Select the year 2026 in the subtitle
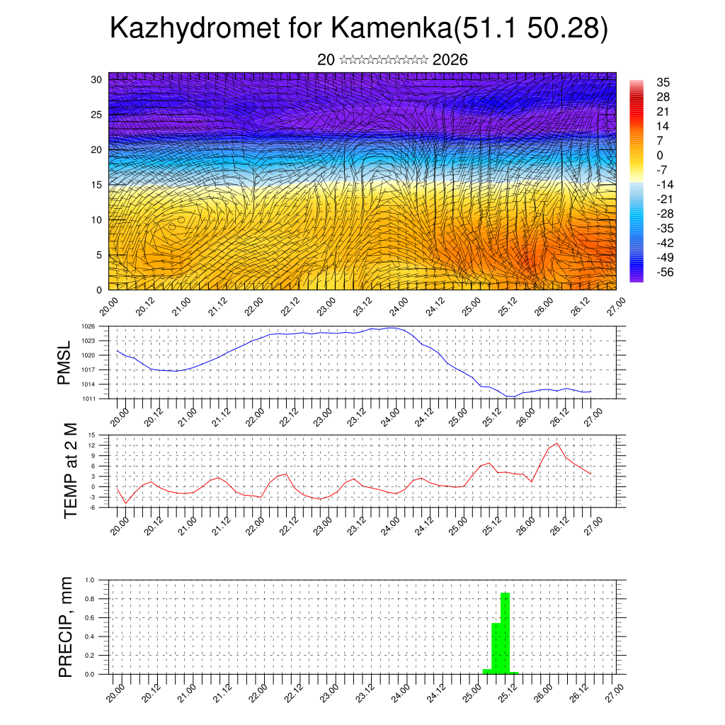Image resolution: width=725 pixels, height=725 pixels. (450, 60)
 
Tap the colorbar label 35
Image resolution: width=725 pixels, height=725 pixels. (663, 82)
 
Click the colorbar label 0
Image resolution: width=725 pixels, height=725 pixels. (660, 155)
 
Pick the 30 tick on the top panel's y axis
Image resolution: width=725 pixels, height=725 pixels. (97, 79)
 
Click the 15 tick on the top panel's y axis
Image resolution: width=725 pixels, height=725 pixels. (97, 185)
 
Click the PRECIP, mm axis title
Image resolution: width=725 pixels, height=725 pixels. (66, 627)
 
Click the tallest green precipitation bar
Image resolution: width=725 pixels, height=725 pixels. (505, 634)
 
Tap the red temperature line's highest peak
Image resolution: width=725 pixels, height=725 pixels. (556, 443)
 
